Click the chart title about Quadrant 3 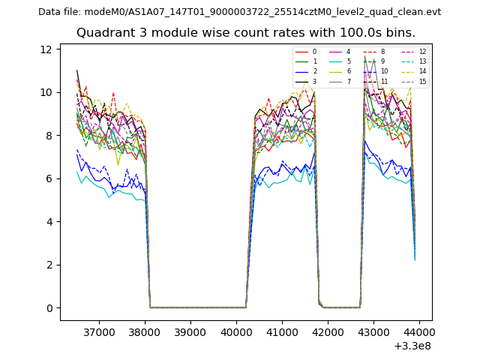pos(245,33)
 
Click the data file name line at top pos(239,12)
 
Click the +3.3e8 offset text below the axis pos(412,346)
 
